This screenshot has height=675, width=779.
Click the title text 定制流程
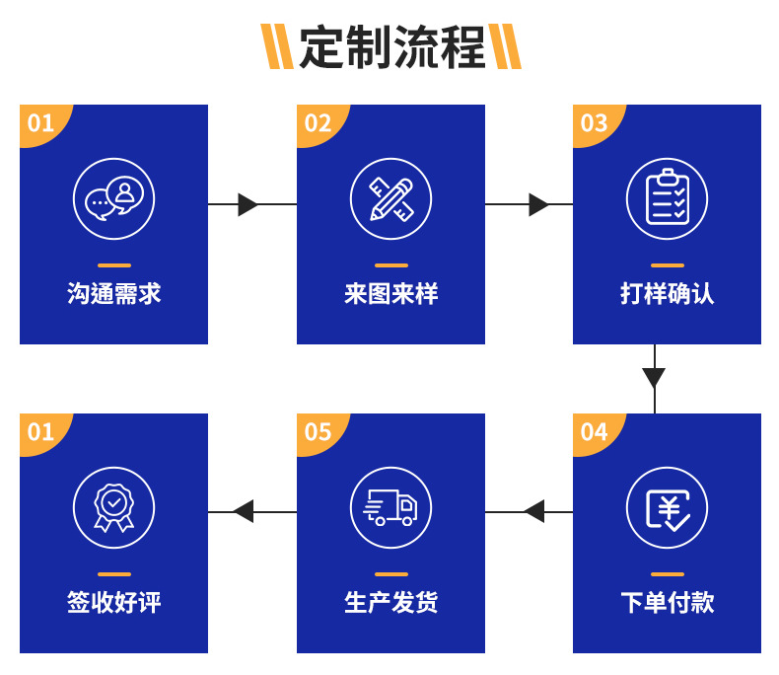click(391, 46)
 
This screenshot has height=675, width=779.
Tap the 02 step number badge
click(318, 123)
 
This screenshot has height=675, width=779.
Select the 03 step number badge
click(594, 123)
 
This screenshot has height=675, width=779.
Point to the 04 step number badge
click(594, 432)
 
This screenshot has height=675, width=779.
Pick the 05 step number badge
click(318, 432)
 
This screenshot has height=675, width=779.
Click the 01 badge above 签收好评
click(40, 432)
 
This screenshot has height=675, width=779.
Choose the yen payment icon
click(667, 507)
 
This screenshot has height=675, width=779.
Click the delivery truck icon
click(390, 507)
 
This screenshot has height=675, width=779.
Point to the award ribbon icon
click(114, 507)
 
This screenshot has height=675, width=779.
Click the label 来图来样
click(390, 294)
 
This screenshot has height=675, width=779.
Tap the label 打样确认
click(667, 294)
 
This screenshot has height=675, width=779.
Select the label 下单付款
click(667, 603)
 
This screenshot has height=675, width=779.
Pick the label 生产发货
click(390, 603)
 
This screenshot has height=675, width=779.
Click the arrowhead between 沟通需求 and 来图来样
click(248, 204)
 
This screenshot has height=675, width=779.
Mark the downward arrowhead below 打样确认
click(654, 378)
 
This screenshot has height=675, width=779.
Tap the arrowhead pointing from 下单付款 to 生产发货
click(534, 511)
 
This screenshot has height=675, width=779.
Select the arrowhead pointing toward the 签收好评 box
click(244, 511)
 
